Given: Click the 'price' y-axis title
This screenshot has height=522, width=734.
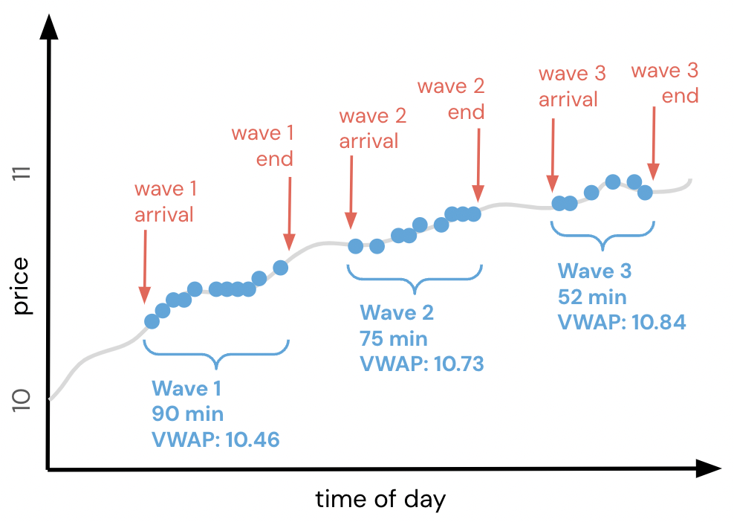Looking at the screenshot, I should pyautogui.click(x=23, y=286).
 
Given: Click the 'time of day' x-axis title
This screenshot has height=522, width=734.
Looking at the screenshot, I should pyautogui.click(x=380, y=498).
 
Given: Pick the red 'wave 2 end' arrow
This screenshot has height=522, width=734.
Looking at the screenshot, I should pyautogui.click(x=478, y=164).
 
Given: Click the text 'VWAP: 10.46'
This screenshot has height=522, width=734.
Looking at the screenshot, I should pyautogui.click(x=215, y=439).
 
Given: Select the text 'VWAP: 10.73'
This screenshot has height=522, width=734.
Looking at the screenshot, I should pyautogui.click(x=422, y=364).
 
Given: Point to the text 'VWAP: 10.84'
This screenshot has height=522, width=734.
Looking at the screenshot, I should pyautogui.click(x=621, y=322).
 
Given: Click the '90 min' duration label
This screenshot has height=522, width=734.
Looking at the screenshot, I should pyautogui.click(x=187, y=414).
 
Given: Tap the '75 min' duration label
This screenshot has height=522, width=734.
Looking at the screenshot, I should pyautogui.click(x=394, y=339).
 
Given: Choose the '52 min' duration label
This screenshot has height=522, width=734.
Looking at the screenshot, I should pyautogui.click(x=592, y=297).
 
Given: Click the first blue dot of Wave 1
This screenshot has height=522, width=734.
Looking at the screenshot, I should pyautogui.click(x=152, y=321).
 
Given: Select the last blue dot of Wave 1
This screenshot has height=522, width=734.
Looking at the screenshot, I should pyautogui.click(x=280, y=268).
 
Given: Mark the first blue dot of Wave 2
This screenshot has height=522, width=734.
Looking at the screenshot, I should pyautogui.click(x=356, y=246).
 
